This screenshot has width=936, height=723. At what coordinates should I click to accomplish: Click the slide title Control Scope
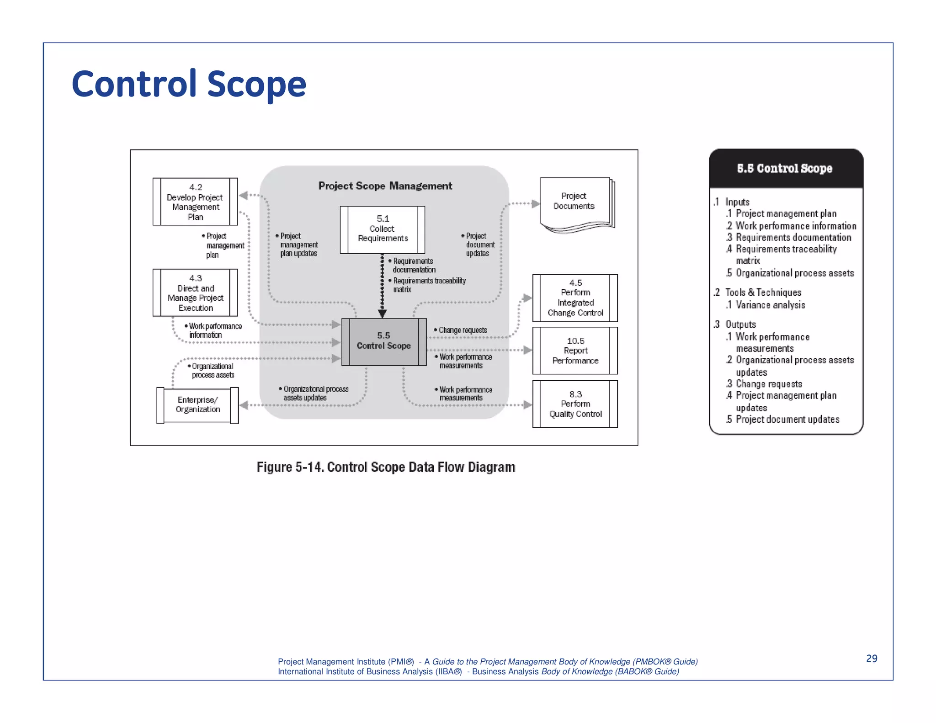(x=189, y=84)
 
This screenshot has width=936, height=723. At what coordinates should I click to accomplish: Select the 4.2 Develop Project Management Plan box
(x=195, y=202)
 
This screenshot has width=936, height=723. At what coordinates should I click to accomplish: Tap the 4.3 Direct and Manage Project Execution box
(x=195, y=292)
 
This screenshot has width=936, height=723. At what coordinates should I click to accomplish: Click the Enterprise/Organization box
(x=197, y=405)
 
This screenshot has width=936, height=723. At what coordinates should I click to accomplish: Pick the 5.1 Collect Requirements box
(x=383, y=229)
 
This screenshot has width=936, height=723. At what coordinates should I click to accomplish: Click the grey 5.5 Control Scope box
(x=383, y=341)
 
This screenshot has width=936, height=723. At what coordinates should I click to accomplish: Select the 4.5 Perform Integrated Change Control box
(x=575, y=298)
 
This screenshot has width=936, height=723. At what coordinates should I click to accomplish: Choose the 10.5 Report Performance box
(x=575, y=351)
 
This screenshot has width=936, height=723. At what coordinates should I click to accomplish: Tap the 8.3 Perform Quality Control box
(x=575, y=404)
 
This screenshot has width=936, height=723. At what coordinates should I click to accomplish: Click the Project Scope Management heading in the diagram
(x=385, y=186)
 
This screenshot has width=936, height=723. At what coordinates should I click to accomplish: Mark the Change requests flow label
(x=463, y=330)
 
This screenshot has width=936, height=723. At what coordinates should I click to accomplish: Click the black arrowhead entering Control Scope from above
(x=383, y=314)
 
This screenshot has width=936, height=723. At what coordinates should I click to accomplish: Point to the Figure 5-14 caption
(x=386, y=467)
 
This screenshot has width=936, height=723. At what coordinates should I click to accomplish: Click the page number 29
(x=871, y=659)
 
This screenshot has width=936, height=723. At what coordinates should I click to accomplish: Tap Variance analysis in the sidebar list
(x=770, y=305)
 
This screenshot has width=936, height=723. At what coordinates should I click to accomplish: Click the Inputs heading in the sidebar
(x=737, y=202)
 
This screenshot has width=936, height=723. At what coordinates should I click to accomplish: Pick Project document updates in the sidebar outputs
(x=787, y=420)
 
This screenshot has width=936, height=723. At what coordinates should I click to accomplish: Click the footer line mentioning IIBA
(x=478, y=672)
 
